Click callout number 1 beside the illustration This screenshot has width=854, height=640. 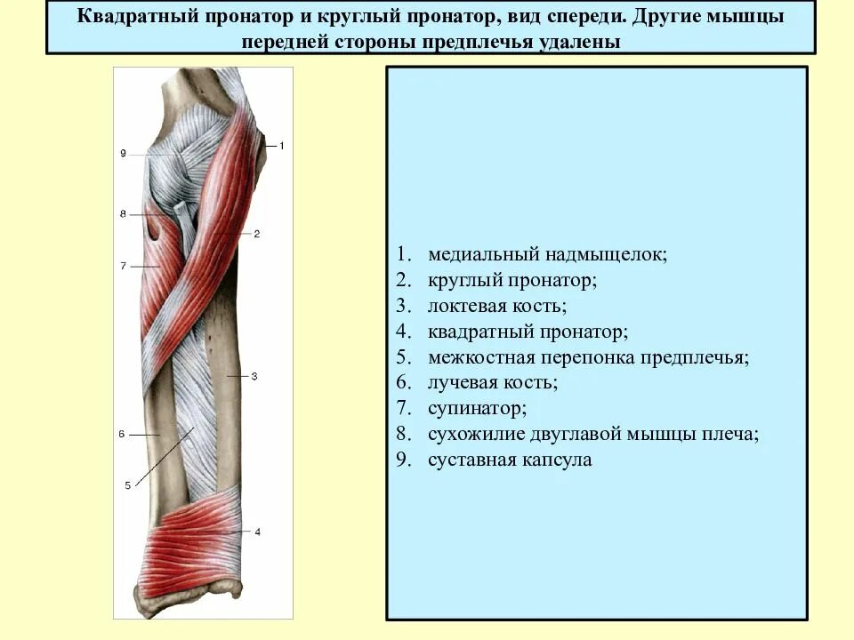pos(280,145)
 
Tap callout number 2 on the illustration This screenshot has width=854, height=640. pos(256,234)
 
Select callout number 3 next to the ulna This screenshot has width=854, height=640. pos(254,377)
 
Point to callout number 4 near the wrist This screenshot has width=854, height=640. pos(257,532)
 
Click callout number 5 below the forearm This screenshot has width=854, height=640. pos(127,485)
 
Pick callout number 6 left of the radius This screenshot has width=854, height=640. pos(121,434)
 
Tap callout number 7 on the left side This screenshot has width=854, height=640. pos(123,266)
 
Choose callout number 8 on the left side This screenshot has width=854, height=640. pos(123,214)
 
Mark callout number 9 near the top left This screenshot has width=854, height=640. pos(123,154)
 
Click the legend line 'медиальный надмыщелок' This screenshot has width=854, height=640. pos(546,254)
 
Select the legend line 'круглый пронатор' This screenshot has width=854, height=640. pos(512,280)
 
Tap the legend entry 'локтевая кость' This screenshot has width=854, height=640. pos(496,306)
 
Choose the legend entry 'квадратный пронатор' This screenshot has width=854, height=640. pos(528,332)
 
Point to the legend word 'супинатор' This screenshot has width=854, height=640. pos(477,409)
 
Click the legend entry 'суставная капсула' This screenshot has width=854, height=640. pos(509,460)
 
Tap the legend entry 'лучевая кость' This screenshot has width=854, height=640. pos(492,383)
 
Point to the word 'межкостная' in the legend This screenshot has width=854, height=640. pos(479,357)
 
